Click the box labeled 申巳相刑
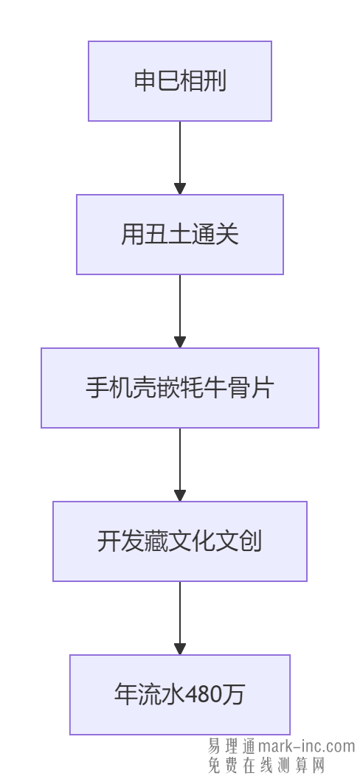[180, 81]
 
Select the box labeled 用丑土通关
[180, 235]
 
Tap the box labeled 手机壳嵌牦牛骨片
[180, 388]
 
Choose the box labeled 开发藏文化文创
[180, 541]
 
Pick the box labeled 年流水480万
[180, 695]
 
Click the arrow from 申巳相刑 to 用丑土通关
[180, 157]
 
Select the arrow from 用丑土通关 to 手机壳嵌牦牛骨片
[180, 311]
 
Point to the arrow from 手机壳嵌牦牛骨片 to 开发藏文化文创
[180, 464]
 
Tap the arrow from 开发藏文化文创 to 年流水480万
[180, 617]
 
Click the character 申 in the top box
[145, 81]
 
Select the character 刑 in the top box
[215, 81]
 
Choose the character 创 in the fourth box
[251, 541]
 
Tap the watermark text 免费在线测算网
[266, 765]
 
